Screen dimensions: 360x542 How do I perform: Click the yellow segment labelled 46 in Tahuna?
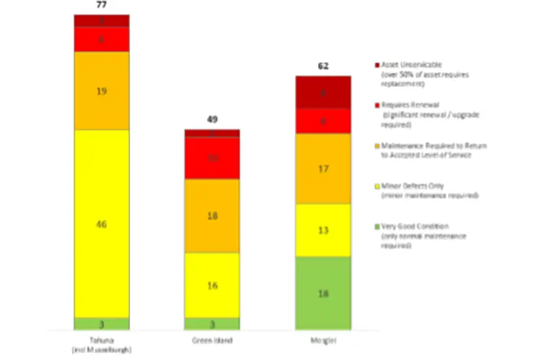[102, 223]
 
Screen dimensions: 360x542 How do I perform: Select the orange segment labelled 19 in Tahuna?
[102, 90]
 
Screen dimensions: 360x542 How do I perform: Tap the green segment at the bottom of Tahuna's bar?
[102, 323]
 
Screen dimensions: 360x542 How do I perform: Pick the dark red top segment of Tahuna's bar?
[102, 20]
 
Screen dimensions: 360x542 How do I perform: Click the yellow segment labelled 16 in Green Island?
[212, 285]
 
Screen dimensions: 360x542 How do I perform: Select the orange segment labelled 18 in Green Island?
[212, 215]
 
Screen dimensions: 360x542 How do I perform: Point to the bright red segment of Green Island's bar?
[212, 158]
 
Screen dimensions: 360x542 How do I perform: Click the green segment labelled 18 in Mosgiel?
[323, 293]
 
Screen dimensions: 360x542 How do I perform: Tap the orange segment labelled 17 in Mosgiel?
[323, 168]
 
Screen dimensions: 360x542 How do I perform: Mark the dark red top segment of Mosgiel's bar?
[323, 93]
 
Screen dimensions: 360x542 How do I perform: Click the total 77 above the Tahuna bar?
[102, 6]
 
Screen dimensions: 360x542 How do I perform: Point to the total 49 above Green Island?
[212, 120]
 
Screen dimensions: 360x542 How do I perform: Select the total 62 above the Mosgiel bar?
[323, 66]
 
